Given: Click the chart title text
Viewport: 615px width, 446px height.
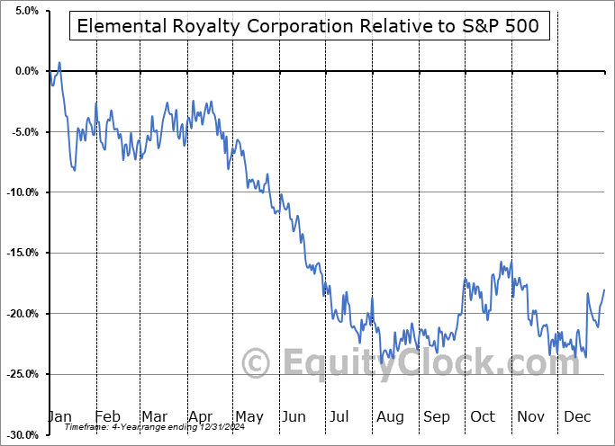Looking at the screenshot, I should pos(308,26).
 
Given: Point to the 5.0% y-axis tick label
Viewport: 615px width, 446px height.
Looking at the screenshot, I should pos(24,11).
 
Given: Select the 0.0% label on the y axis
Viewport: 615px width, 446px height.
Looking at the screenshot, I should pos(24,71).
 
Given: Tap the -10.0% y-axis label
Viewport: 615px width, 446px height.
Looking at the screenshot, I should pos(22,192).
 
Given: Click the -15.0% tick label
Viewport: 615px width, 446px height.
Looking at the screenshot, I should pos(22,253).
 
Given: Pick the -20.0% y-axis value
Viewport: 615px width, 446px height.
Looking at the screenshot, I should pos(22,314).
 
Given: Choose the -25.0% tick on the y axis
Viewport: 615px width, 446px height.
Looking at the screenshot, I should pos(22,374).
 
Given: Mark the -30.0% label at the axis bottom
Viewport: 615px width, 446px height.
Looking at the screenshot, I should pos(22,434).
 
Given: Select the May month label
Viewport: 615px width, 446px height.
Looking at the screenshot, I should pos(249,416).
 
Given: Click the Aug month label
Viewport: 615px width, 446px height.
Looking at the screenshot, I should pos(391,416).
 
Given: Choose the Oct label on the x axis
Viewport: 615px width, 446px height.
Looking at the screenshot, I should pos(484,416).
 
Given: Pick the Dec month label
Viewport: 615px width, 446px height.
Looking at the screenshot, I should pos(576,416).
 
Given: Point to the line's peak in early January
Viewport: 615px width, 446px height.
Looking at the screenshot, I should pos(59,63).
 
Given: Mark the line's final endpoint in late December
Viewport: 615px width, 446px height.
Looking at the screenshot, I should pos(603,290).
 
